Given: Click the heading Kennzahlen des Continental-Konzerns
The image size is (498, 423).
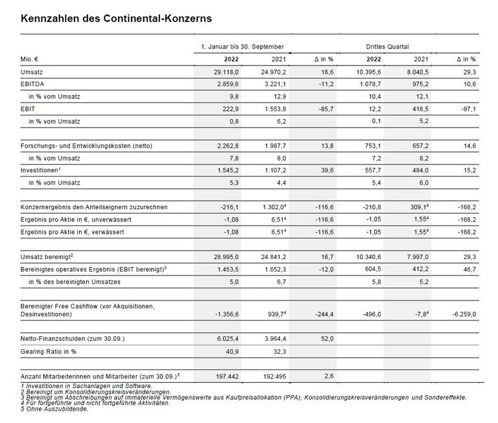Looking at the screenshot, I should [x=116, y=20].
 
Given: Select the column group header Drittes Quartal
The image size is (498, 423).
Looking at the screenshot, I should [x=386, y=47].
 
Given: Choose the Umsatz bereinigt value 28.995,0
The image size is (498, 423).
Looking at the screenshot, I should [x=226, y=257].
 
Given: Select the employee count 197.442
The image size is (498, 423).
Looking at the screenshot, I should [x=228, y=376].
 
